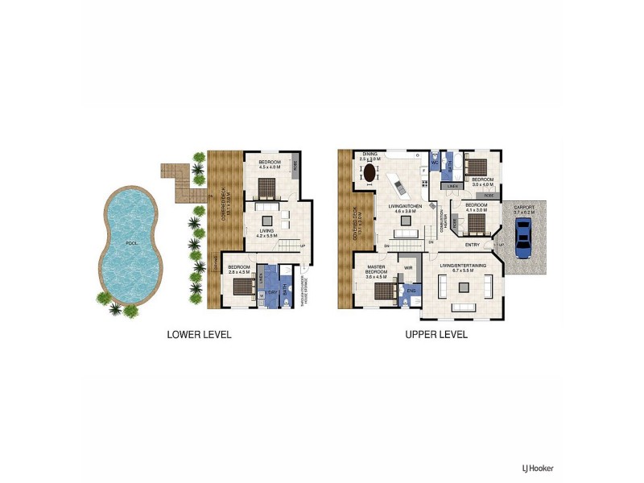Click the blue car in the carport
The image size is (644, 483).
click(x=522, y=238)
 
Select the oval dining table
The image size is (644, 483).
click(x=369, y=172)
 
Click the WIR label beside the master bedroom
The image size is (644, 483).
click(x=408, y=267)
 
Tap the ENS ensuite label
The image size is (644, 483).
click(x=411, y=288)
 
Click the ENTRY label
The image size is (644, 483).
click(x=473, y=245)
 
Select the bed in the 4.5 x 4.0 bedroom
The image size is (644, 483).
click(x=266, y=188)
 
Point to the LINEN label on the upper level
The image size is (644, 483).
click(x=453, y=186)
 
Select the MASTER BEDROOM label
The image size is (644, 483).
click(x=376, y=269)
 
